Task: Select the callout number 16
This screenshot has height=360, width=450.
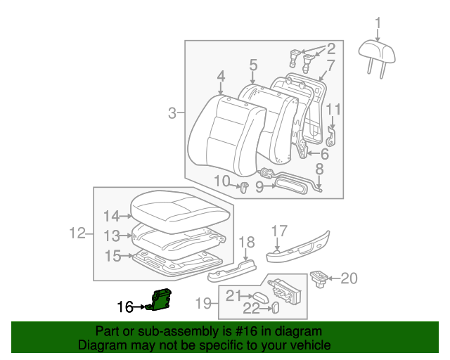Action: (125, 307)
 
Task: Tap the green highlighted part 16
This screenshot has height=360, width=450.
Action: (161, 299)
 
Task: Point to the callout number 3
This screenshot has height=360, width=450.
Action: (172, 112)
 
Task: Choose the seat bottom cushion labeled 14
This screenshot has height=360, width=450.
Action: (181, 209)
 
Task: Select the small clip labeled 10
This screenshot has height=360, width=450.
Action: (244, 187)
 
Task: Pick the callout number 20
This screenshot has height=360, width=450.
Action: (349, 278)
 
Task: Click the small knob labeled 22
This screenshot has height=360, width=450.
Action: (275, 308)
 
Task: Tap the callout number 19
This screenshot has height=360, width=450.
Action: (203, 303)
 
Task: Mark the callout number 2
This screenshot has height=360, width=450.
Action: (330, 49)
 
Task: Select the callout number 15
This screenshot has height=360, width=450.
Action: (112, 257)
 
